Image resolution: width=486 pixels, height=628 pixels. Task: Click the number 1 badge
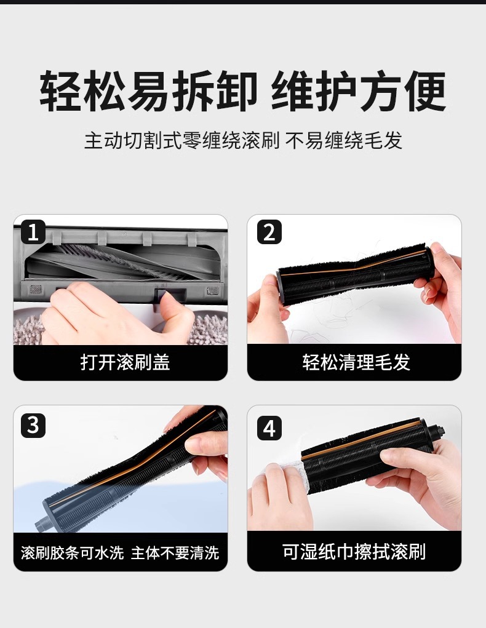[33, 232]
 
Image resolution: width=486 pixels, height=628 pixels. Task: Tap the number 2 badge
[269, 232]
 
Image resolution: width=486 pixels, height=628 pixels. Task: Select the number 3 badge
[33, 425]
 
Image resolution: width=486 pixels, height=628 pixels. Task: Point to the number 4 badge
[269, 427]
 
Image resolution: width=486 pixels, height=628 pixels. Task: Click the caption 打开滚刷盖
[125, 362]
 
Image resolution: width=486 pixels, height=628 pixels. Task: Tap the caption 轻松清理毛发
[356, 362]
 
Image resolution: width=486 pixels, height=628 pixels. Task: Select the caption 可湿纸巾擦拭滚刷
[354, 552]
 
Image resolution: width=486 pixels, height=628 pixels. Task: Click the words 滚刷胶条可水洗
[73, 553]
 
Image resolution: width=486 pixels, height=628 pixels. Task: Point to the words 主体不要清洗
[175, 553]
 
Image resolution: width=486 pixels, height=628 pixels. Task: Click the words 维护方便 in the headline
[359, 91]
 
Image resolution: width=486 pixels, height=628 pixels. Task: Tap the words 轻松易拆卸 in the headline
[148, 91]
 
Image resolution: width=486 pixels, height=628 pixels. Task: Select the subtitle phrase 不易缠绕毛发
[344, 140]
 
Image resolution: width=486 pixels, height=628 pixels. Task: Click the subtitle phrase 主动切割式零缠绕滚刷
[181, 140]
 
